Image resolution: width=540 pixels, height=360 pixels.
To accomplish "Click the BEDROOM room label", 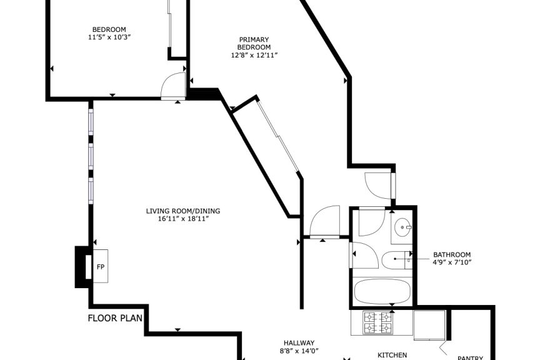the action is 109,29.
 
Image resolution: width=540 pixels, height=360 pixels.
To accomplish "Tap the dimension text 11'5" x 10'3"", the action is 109,37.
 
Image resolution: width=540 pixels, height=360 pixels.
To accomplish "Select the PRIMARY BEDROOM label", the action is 254,43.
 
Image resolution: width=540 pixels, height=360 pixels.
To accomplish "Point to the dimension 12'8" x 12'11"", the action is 254,55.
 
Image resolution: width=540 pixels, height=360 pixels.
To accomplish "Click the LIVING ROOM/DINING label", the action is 183,211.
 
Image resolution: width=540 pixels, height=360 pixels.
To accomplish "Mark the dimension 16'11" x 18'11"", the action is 183,219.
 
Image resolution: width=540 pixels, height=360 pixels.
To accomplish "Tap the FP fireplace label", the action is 100,267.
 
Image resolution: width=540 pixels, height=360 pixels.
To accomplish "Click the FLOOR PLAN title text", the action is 115,318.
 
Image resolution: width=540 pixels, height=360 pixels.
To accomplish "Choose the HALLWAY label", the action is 299,342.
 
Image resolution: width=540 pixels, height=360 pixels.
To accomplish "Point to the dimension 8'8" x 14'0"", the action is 299,351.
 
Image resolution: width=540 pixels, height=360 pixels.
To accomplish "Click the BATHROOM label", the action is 452,254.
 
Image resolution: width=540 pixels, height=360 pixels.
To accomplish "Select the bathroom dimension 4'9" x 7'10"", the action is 452,262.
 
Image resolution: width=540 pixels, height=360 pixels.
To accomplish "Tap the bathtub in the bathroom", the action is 382,291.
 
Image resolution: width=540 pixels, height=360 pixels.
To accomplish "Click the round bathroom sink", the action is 402,227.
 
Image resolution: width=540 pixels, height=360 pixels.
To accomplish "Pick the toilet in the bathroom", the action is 397,260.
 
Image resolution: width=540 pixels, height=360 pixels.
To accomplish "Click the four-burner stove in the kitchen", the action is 377,322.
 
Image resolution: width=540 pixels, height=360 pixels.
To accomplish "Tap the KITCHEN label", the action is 392,355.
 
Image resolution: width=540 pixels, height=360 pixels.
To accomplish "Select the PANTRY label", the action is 471,358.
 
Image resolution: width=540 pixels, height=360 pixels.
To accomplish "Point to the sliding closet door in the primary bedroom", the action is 279,136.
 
